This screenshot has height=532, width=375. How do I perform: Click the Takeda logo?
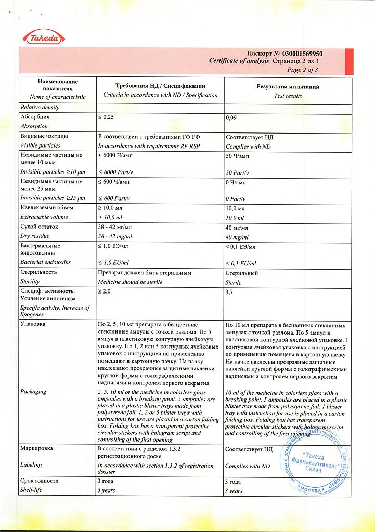click(x=44, y=37)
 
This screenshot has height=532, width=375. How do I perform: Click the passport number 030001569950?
click(x=302, y=54)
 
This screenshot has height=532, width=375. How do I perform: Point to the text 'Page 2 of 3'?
click(x=302, y=70)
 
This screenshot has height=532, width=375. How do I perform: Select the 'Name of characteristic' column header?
click(x=57, y=97)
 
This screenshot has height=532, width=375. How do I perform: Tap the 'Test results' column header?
click(x=288, y=96)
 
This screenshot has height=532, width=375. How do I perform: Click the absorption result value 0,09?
click(x=231, y=118)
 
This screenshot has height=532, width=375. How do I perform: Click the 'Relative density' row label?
click(x=40, y=107)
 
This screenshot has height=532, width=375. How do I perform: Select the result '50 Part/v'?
click(x=237, y=172)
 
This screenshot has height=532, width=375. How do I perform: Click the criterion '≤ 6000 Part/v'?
click(x=114, y=172)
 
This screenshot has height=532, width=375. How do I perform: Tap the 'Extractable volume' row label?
click(x=44, y=217)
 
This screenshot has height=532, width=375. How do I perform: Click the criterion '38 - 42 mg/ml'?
click(x=114, y=236)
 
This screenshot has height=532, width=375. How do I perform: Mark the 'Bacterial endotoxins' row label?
click(x=45, y=262)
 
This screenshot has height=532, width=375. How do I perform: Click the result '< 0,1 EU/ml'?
click(x=240, y=264)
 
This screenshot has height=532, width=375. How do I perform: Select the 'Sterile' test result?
click(x=234, y=282)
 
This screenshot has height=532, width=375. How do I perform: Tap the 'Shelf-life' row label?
click(x=32, y=490)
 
